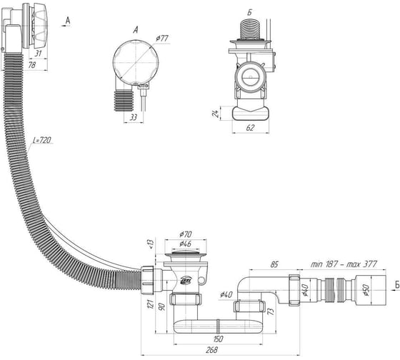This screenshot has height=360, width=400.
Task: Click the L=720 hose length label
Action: click(42, 140)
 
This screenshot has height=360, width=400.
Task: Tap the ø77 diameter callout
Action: click(163, 39)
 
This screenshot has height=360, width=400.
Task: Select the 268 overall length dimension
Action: click(212, 350)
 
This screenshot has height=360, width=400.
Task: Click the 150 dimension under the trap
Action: click(217, 339)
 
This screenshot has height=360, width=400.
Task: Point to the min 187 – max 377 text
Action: click(344, 264)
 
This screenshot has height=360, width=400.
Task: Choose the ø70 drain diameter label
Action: click(186, 234)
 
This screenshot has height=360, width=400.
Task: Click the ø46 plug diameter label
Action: click(186, 244)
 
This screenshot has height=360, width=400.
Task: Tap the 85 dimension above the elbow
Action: click(274, 264)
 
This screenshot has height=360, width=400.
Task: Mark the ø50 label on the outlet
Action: click(366, 290)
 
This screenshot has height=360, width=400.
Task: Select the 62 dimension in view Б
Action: click(251, 128)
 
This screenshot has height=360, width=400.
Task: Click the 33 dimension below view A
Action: click(134, 117)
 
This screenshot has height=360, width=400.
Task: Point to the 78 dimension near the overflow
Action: click(31, 65)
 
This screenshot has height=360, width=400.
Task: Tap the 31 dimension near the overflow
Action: click(38, 54)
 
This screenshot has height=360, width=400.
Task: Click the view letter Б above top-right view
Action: click(249, 13)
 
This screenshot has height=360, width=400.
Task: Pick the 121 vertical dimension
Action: click(150, 304)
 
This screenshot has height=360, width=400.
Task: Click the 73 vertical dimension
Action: click(271, 311)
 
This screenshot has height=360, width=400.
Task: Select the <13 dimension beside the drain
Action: click(151, 244)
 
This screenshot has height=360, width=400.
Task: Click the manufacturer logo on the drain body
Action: click(184, 280)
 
